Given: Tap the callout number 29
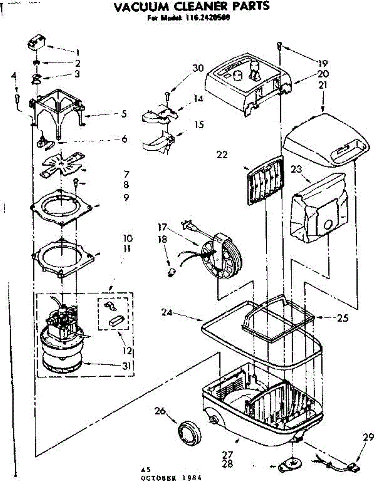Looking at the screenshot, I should point(368,438).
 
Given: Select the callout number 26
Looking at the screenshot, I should point(160,411).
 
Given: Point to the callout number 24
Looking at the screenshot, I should point(167,311).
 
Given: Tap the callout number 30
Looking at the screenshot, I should point(198,68).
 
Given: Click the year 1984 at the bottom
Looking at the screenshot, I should point(188,477).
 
